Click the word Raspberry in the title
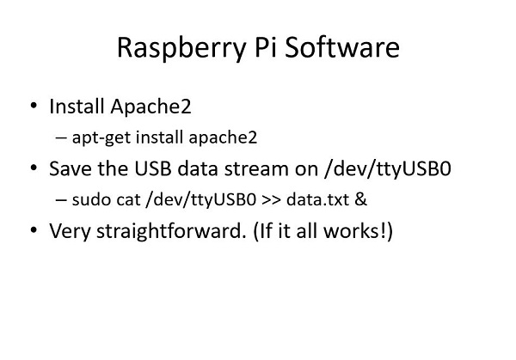click(181, 49)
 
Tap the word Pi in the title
click(266, 47)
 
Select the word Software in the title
click(342, 47)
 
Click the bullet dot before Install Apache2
click(34, 106)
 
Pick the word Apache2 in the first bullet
click(150, 107)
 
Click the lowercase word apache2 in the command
click(223, 137)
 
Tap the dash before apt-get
click(61, 137)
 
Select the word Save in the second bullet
click(71, 168)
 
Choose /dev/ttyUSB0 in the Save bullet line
click(387, 169)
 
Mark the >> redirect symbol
click(271, 200)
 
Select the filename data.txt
click(317, 199)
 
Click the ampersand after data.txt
click(360, 199)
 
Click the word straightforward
click(171, 231)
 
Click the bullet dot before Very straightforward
click(34, 229)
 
